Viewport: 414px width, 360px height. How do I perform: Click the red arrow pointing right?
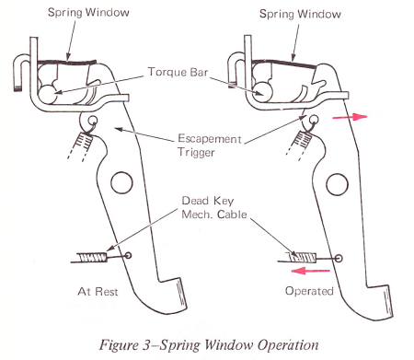(x=350, y=117)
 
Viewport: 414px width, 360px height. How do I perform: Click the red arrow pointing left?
(x=310, y=271)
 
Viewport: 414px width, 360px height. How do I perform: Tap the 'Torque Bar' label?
(x=178, y=72)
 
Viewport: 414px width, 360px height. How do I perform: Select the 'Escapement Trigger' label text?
(x=210, y=145)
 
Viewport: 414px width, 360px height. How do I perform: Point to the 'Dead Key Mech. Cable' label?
(x=214, y=207)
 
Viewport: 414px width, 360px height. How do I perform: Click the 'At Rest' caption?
(x=98, y=291)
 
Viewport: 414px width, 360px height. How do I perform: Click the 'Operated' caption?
(x=309, y=291)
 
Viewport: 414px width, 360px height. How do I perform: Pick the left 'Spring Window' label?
(x=88, y=13)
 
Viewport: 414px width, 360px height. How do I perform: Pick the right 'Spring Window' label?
(x=300, y=14)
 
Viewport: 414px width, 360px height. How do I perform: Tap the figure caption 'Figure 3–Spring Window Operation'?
(x=209, y=344)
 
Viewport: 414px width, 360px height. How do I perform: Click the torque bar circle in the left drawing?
(x=48, y=94)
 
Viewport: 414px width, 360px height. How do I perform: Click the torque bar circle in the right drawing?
(x=263, y=91)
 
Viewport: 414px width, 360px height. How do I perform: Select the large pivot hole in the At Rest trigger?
(x=121, y=182)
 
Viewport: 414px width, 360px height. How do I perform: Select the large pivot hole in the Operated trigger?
(x=337, y=184)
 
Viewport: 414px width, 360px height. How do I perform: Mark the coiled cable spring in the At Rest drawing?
(x=92, y=257)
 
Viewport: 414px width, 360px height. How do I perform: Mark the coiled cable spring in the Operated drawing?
(x=303, y=257)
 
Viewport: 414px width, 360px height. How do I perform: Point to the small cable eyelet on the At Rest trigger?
(x=128, y=255)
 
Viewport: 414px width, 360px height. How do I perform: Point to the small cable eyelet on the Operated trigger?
(x=339, y=258)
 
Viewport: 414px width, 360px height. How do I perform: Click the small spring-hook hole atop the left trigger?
(x=93, y=120)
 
